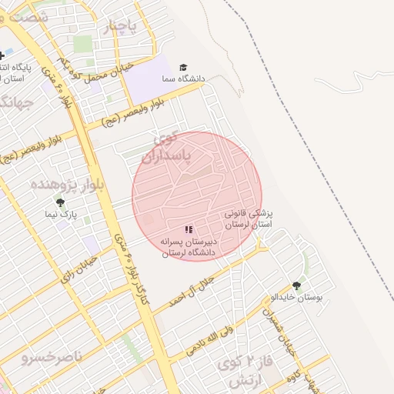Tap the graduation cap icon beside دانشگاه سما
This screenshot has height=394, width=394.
(x=183, y=68)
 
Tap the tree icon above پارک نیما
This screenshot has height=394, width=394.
(x=60, y=202)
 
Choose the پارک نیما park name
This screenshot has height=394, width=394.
(x=60, y=215)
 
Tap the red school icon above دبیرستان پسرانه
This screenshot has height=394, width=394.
(x=189, y=229)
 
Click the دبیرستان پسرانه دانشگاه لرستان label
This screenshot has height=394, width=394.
(x=189, y=246)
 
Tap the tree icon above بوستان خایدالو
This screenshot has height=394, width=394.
(x=297, y=285)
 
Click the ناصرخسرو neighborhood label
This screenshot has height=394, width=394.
(x=48, y=359)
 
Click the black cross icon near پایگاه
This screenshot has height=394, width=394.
(x=2, y=55)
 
